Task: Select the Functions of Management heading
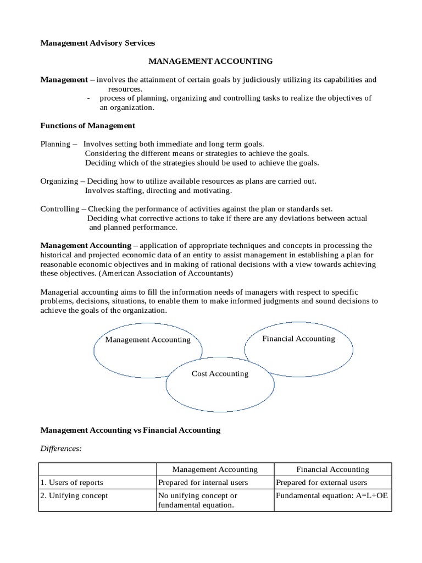pyautogui.click(x=88, y=125)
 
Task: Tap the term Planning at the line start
pyautogui.click(x=55, y=143)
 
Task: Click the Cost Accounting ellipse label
pyautogui.click(x=220, y=374)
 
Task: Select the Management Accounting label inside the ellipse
pyautogui.click(x=148, y=340)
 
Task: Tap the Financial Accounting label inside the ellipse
pyautogui.click(x=298, y=339)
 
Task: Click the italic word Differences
pyautogui.click(x=61, y=448)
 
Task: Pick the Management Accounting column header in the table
pyautogui.click(x=215, y=470)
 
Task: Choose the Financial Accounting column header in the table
pyautogui.click(x=332, y=470)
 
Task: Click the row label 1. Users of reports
pyautogui.click(x=71, y=483)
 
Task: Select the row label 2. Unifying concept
pyautogui.click(x=74, y=496)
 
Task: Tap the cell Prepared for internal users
pyautogui.click(x=203, y=483)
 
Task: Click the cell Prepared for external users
pyautogui.click(x=321, y=483)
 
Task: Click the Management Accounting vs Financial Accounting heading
pyautogui.click(x=130, y=430)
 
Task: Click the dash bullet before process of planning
pyautogui.click(x=89, y=98)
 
